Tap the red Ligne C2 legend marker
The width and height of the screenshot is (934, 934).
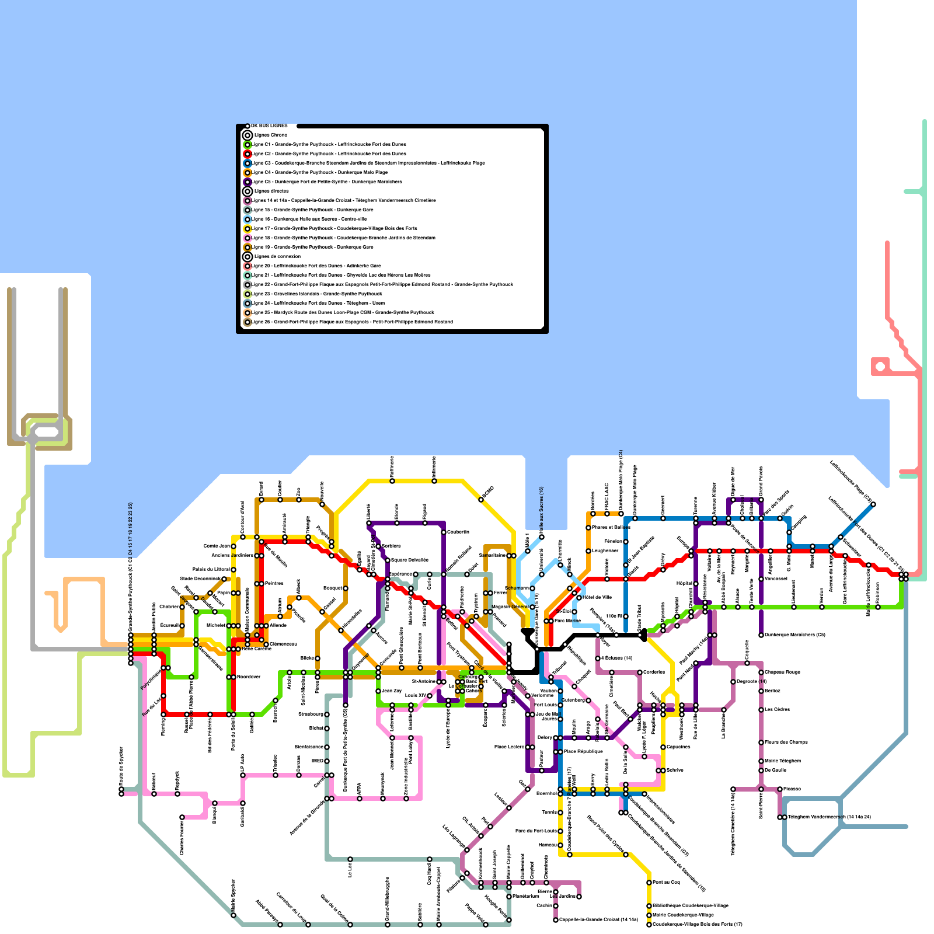(x=248, y=154)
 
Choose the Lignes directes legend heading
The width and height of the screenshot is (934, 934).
(x=271, y=191)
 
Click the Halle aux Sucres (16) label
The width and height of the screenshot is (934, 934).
(x=542, y=511)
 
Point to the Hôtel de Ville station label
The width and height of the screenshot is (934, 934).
(x=597, y=597)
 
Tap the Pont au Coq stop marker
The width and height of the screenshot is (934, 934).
(x=649, y=882)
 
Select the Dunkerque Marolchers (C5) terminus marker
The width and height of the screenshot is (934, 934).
(x=761, y=635)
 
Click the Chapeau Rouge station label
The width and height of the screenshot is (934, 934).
(x=782, y=672)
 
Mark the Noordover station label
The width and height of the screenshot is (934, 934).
(x=249, y=677)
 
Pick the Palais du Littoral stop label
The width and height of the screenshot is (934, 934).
(x=211, y=569)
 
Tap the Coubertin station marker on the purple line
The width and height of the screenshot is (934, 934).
(x=444, y=532)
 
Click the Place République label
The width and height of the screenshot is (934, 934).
(x=583, y=751)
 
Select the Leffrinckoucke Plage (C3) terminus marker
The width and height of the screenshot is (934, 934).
(x=873, y=504)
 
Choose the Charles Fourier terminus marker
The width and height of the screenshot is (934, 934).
(x=182, y=817)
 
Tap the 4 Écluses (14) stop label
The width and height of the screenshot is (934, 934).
(x=618, y=658)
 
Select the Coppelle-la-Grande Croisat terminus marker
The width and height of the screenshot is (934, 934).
(x=556, y=920)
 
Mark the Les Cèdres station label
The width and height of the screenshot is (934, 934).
(x=777, y=709)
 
